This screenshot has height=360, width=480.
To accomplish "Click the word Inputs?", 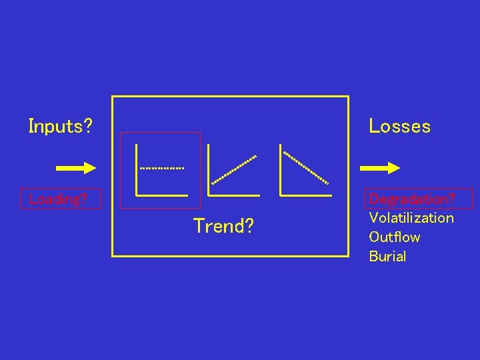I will click(x=60, y=126).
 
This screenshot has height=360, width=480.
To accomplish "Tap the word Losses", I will click(x=399, y=126).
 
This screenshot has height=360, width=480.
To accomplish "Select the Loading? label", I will click(x=59, y=199).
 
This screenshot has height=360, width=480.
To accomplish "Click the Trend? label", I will click(x=223, y=227).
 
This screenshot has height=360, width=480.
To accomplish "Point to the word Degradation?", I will click(x=412, y=199).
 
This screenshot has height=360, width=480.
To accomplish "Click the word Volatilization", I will click(x=411, y=218).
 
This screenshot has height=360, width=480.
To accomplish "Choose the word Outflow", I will click(x=395, y=237).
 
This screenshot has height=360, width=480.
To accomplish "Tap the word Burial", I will click(x=387, y=257).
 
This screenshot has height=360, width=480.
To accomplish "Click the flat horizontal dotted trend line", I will click(x=161, y=168).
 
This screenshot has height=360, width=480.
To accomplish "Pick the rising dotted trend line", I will click(x=233, y=169).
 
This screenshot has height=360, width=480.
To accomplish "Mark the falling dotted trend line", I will click(x=306, y=167).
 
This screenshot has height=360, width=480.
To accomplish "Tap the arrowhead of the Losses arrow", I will click(x=393, y=168).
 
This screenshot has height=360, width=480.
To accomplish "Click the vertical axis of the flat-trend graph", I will click(x=136, y=169).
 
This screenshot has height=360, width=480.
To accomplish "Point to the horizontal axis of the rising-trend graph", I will click(x=233, y=195).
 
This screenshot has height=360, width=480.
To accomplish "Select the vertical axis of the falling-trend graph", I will click(x=281, y=169).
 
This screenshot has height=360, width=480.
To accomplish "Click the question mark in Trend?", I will click(x=249, y=227).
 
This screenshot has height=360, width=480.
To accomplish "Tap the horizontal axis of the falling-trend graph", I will click(x=306, y=195).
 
